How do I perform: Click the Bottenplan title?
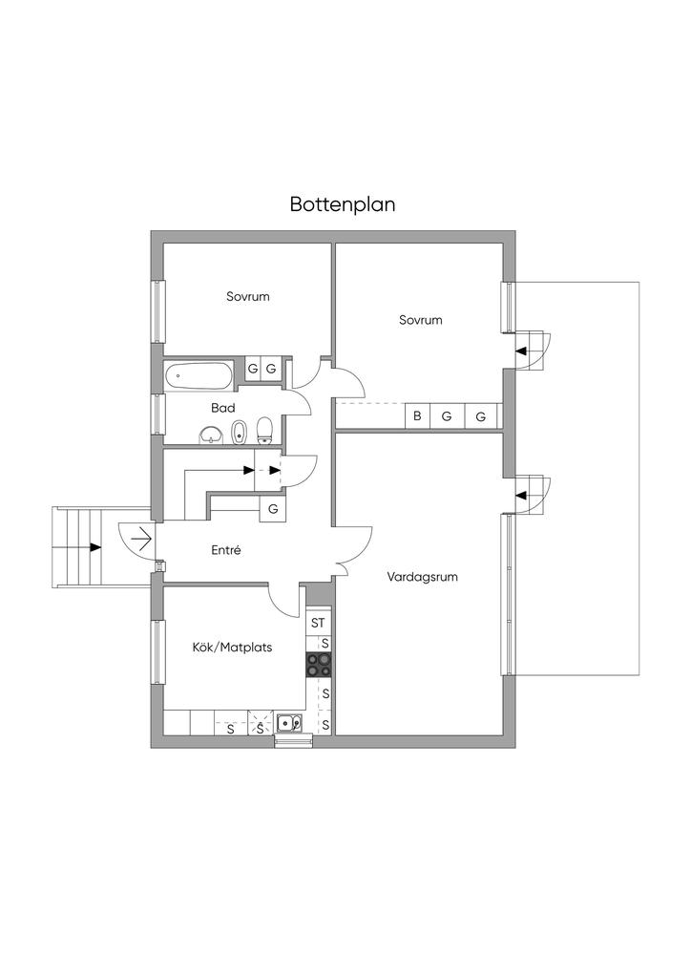click(343, 204)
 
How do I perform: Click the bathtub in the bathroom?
click(199, 374)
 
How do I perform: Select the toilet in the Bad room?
click(265, 432)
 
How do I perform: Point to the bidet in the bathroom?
click(240, 433)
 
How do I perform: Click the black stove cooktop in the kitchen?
click(319, 665)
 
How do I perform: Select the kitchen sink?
click(289, 723)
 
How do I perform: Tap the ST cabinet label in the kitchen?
click(319, 623)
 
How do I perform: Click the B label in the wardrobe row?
click(416, 416)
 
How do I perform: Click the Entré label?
click(226, 550)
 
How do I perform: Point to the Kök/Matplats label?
click(233, 647)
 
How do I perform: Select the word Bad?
click(223, 408)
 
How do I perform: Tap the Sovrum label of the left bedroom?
click(247, 296)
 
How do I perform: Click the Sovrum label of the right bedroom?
click(421, 320)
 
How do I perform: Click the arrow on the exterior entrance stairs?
click(94, 547)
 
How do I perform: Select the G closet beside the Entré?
click(273, 509)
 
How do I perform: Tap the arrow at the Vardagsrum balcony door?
click(521, 495)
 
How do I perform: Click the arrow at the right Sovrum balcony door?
click(521, 351)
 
